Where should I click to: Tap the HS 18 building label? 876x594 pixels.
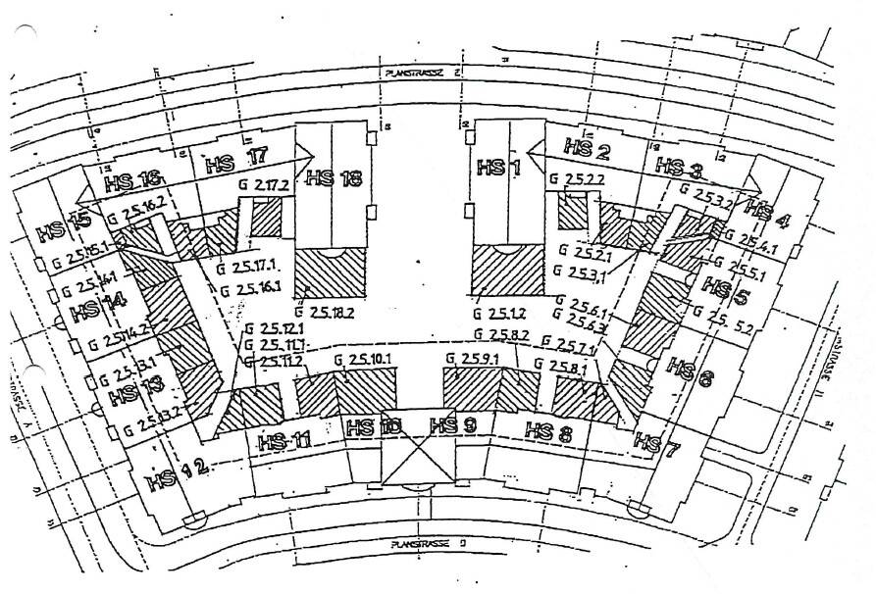tap(334, 177)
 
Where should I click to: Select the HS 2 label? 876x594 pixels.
tap(588, 151)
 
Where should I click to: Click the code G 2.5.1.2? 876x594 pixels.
tap(499, 314)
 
